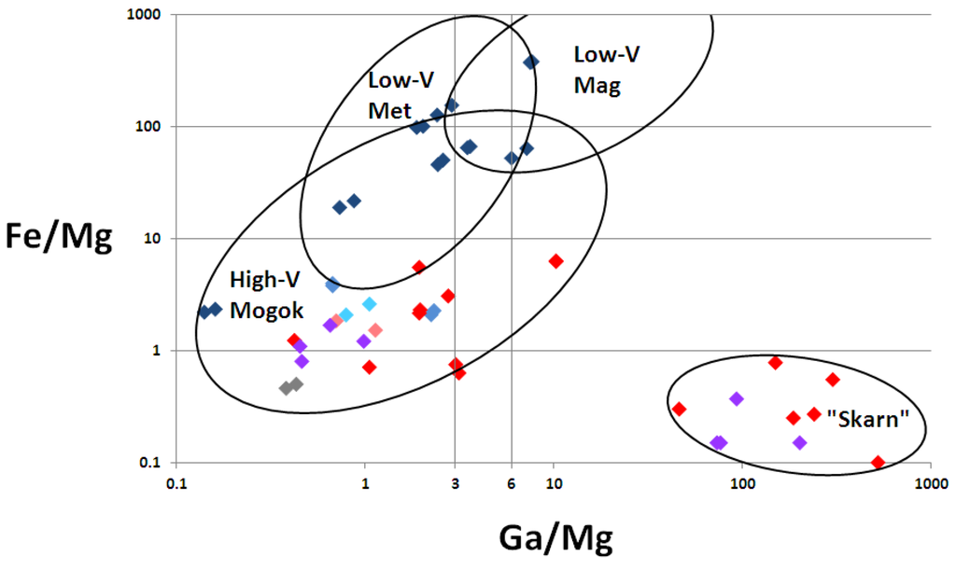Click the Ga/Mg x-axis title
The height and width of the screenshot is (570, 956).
[556, 538]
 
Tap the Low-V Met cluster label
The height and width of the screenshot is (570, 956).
[401, 94]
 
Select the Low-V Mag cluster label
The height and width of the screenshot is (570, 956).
[606, 70]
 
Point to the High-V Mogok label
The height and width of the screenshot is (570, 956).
[266, 295]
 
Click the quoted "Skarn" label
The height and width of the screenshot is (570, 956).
[868, 419]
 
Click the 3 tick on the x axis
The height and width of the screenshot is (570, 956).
[455, 483]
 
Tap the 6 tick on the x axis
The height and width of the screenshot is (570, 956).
[512, 483]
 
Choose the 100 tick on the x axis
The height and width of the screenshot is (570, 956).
[741, 483]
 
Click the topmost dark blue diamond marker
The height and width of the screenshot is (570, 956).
[531, 62]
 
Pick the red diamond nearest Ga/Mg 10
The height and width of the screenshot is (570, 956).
[555, 261]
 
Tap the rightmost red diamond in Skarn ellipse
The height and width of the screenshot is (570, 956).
[878, 463]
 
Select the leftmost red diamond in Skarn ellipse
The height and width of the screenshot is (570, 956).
[679, 409]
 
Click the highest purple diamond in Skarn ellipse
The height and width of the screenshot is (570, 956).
[737, 398]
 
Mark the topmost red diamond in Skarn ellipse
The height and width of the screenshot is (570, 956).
[775, 362]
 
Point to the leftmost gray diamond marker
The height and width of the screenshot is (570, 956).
[287, 388]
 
